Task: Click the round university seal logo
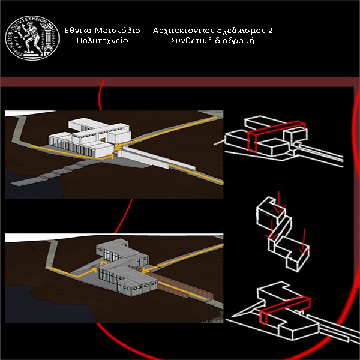click(x=32, y=38)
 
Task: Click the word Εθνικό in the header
click(x=78, y=31)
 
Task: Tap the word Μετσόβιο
click(x=118, y=31)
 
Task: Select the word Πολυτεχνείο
click(x=102, y=41)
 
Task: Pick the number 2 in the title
click(x=270, y=31)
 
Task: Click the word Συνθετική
click(x=191, y=41)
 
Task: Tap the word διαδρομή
click(x=235, y=41)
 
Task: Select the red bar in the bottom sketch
click(x=284, y=309)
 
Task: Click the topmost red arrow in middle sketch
click(x=279, y=202)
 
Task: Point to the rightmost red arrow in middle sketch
click(x=304, y=241)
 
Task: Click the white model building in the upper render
click(x=89, y=138)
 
